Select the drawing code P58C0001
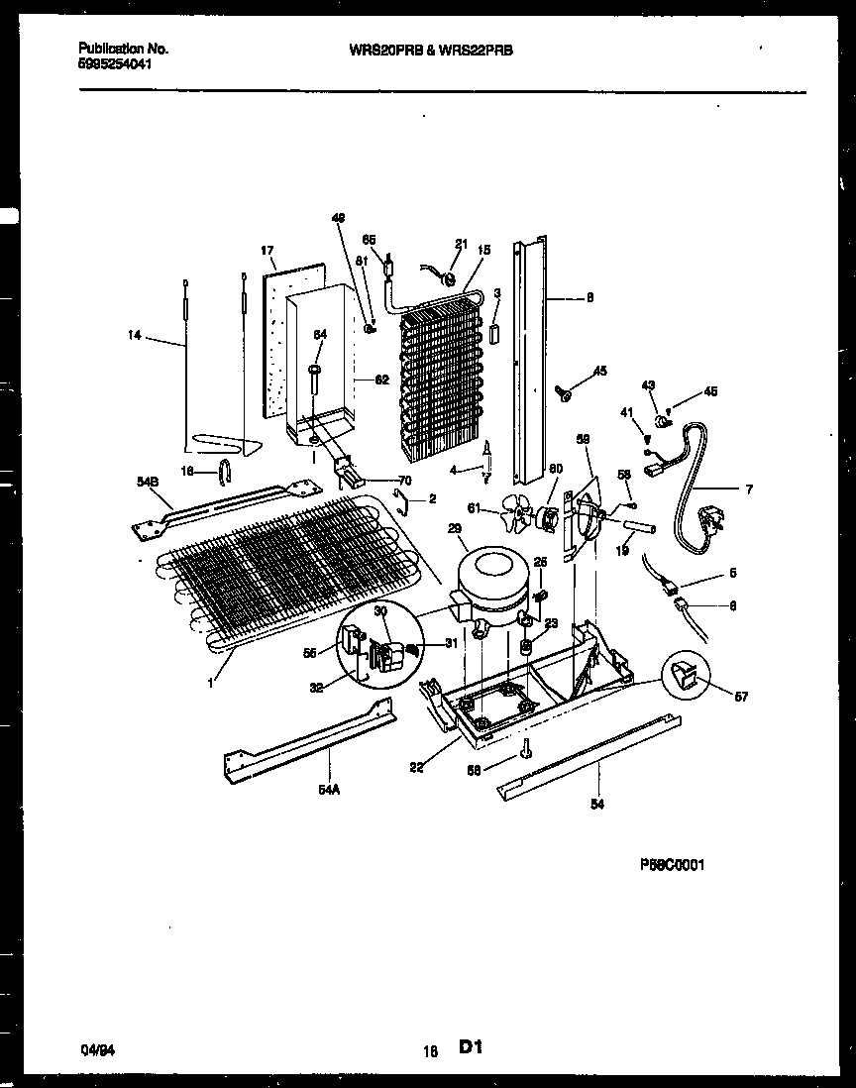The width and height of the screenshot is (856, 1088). pyautogui.click(x=672, y=864)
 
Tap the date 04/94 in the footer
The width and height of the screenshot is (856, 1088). pyautogui.click(x=94, y=1047)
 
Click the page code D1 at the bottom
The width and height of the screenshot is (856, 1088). pyautogui.click(x=472, y=1046)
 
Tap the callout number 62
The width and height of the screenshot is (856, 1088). pyautogui.click(x=381, y=379)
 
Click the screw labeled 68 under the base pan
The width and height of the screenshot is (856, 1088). pyautogui.click(x=526, y=752)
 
